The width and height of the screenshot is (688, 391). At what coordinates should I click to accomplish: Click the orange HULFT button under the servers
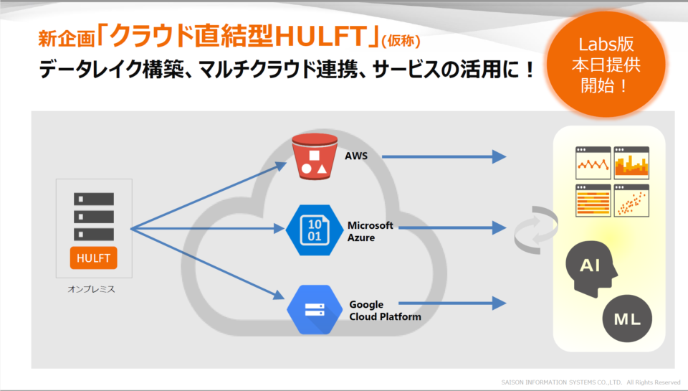pyautogui.click(x=93, y=258)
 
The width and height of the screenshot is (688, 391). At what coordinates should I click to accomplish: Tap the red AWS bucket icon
pyautogui.click(x=315, y=157)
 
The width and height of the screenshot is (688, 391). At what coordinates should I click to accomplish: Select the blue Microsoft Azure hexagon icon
pyautogui.click(x=314, y=230)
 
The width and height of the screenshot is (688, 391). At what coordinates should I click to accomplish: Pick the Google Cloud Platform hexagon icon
pyautogui.click(x=315, y=310)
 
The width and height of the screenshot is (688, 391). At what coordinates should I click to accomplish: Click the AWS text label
pyautogui.click(x=356, y=156)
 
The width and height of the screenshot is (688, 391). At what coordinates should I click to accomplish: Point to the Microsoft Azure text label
pyautogui.click(x=370, y=232)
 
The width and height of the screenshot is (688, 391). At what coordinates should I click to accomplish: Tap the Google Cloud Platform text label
pyautogui.click(x=385, y=311)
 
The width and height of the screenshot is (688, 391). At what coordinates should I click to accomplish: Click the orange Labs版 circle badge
pyautogui.click(x=606, y=65)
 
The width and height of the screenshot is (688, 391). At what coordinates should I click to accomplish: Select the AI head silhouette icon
pyautogui.click(x=591, y=269)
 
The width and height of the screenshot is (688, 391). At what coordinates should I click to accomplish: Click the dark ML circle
pyautogui.click(x=627, y=319)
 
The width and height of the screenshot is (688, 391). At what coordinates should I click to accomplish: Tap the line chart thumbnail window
pyautogui.click(x=593, y=163)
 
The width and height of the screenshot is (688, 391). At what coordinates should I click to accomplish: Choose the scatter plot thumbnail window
pyautogui.click(x=631, y=201)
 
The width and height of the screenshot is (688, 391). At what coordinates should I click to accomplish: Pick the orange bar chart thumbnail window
pyautogui.click(x=631, y=163)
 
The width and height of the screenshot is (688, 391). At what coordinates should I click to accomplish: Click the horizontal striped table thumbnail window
pyautogui.click(x=593, y=201)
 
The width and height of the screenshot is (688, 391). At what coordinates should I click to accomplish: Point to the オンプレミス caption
pyautogui.click(x=91, y=289)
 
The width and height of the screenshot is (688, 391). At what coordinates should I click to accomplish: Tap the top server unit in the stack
pyautogui.click(x=94, y=199)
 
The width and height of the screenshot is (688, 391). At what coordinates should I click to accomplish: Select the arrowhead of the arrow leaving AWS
pyautogui.click(x=499, y=156)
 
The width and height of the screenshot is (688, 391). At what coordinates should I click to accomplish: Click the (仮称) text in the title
pyautogui.click(x=401, y=41)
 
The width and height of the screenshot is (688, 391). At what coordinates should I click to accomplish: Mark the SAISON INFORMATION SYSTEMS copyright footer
pyautogui.click(x=591, y=382)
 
